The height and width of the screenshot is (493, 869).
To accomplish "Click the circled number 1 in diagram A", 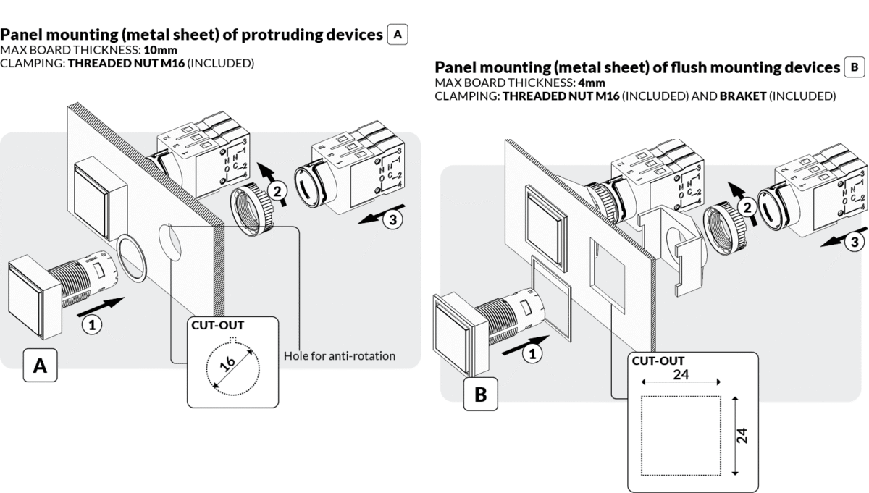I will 91,326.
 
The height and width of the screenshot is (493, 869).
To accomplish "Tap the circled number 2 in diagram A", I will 276,193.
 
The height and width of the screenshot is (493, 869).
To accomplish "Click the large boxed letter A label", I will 41,367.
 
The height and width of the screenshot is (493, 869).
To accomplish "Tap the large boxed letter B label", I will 480,395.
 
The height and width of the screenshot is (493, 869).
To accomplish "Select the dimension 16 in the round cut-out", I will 231,365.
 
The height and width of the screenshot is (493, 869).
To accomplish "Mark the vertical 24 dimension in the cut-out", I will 743,435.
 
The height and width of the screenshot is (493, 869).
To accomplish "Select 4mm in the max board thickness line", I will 587,83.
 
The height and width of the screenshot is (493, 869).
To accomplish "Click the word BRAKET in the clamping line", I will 742,96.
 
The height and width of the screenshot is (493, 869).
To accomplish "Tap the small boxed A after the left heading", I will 398,34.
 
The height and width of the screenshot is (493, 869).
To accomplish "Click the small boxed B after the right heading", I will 855,67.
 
